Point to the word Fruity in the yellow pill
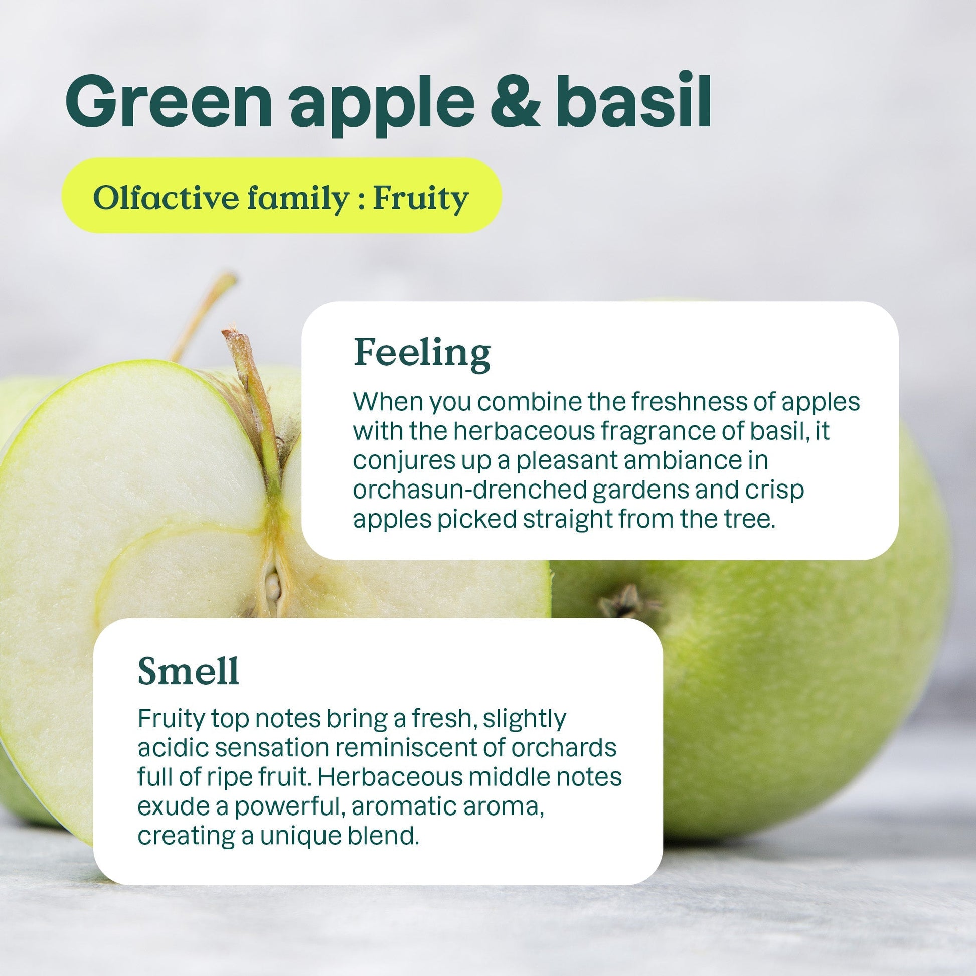tap(420, 198)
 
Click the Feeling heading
tap(422, 353)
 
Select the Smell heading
tap(189, 671)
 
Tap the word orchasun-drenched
tap(470, 490)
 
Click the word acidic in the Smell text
tap(172, 748)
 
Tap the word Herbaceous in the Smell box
tap(390, 777)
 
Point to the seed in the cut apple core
tap(273, 586)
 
